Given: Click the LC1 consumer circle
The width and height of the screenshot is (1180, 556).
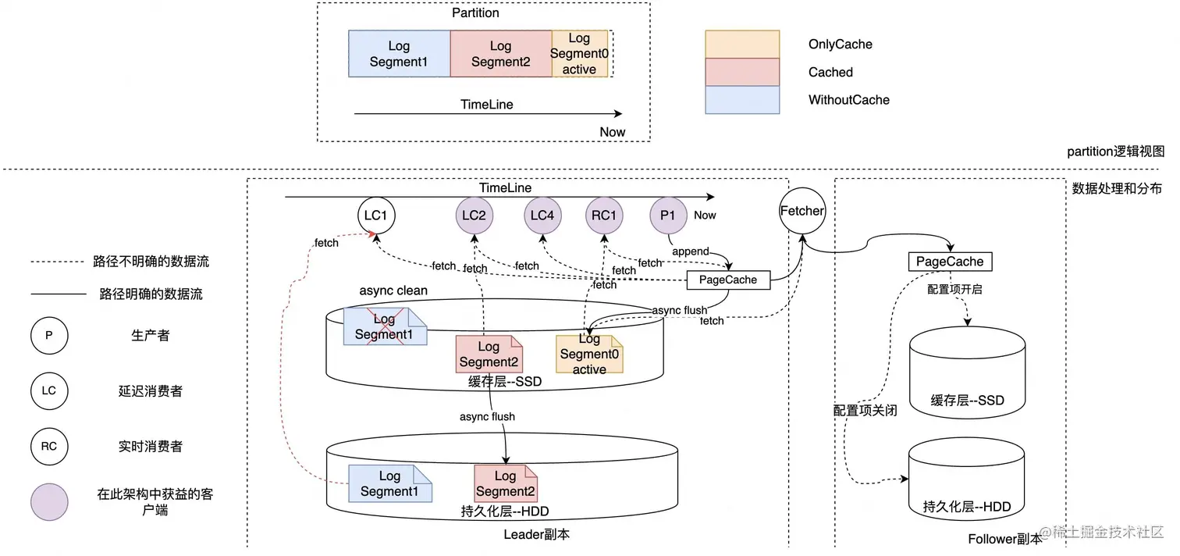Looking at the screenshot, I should pos(376,215).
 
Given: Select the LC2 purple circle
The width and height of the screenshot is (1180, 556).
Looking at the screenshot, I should pos(474,215).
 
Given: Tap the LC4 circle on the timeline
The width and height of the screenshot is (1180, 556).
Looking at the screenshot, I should pos(541,215).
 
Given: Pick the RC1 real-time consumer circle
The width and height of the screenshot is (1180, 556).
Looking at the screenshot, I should pos(604,215).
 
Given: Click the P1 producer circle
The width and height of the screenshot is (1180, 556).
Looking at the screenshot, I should pos(668,215).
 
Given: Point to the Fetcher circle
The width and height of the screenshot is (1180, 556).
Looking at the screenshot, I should pos(801,210).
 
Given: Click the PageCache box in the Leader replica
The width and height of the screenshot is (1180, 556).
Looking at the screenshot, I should pos(728,280).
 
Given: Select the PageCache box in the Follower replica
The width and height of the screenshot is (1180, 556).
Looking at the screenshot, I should pos(950,262).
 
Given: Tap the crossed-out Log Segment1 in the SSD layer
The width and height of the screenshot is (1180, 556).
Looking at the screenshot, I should pos(384,326).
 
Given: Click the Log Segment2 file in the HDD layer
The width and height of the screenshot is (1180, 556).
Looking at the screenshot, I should pos(505,483).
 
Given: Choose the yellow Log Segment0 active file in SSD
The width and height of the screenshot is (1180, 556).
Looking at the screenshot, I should pos(588,354).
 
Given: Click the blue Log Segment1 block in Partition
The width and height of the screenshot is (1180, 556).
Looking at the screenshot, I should pos(399,54).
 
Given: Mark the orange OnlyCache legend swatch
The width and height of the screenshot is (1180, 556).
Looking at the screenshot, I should pos(742,45).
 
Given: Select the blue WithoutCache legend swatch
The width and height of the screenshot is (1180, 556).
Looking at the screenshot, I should pos(742,100).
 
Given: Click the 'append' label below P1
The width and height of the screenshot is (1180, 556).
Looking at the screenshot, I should pos(690,251).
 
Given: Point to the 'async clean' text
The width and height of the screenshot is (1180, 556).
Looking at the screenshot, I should pos(393,290).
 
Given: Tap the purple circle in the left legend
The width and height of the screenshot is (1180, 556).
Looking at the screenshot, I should pos(49,502).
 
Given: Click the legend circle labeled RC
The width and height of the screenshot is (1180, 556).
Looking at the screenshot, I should pos(49,447).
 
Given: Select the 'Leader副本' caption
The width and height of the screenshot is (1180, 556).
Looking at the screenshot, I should pos(536,535).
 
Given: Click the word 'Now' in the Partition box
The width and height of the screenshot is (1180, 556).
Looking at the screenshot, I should pos(613,132).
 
